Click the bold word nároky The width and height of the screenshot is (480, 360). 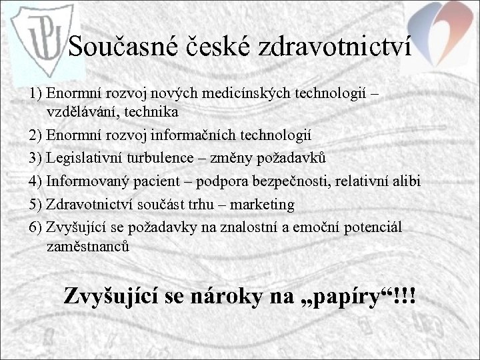point(222,296)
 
